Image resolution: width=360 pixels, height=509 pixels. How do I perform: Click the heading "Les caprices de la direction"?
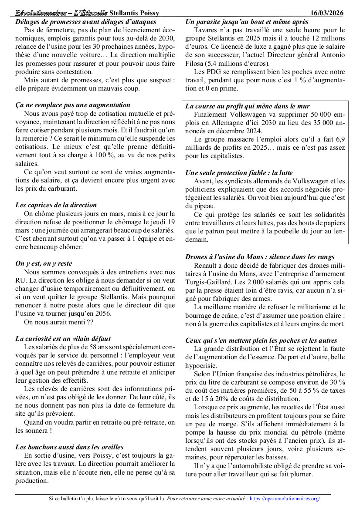56,205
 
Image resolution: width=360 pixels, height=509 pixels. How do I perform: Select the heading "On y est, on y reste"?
44,263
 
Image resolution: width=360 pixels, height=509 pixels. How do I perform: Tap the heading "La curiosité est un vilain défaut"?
63,338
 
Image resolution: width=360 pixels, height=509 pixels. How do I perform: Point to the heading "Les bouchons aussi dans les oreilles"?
69,447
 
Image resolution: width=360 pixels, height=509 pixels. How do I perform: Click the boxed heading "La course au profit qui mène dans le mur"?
248,106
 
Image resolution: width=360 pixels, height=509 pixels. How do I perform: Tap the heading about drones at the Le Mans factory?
260,257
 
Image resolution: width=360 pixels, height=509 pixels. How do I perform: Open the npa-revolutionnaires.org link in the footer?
285,498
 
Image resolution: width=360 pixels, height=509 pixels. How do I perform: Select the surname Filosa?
195,63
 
